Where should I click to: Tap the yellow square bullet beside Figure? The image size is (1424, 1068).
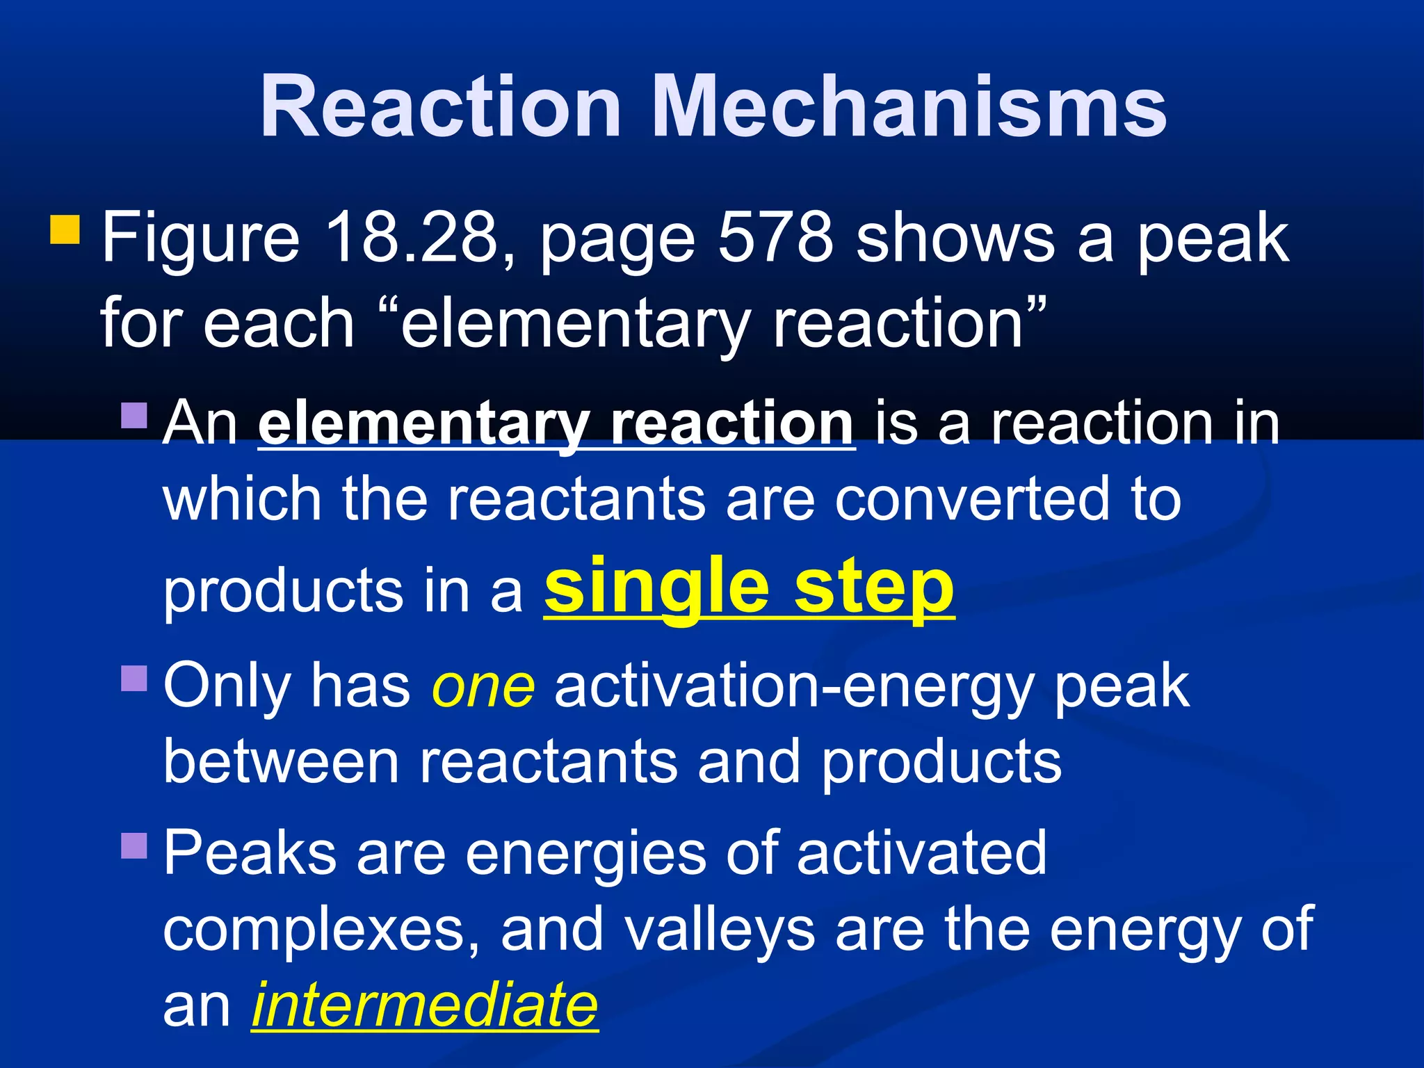[x=65, y=229]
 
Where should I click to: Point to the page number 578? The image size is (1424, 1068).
[x=775, y=238]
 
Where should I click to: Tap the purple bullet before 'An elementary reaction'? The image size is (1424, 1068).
[x=134, y=415]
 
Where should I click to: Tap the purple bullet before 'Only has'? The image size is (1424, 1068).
[x=134, y=679]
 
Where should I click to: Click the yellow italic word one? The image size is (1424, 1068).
[x=483, y=687]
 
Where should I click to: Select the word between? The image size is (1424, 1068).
[x=281, y=762]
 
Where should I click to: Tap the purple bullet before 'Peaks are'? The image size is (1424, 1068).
[x=134, y=845]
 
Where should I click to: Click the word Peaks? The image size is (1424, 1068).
[x=250, y=854]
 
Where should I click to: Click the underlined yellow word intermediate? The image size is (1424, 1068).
[x=425, y=1005]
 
